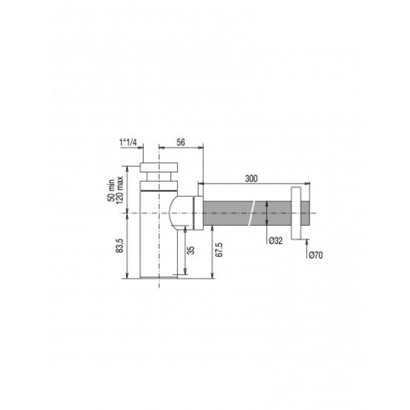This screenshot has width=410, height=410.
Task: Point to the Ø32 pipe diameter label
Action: click(x=275, y=240)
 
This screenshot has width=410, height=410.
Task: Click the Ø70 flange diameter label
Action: click(x=317, y=254)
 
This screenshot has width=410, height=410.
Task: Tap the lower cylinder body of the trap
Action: click(x=158, y=252)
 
